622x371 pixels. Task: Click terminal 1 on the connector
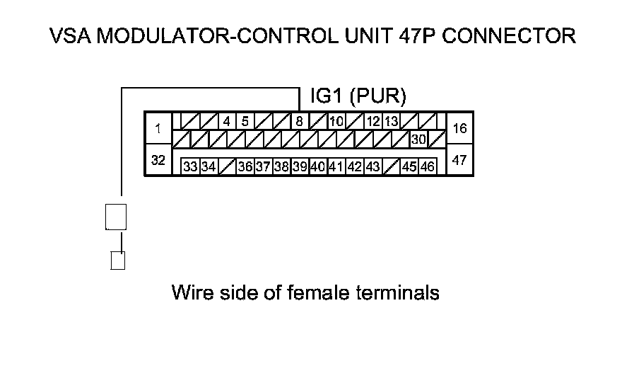pyautogui.click(x=158, y=129)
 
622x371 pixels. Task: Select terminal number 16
pyautogui.click(x=459, y=129)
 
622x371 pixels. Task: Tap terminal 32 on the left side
pyautogui.click(x=158, y=161)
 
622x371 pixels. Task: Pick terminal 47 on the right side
pyautogui.click(x=459, y=161)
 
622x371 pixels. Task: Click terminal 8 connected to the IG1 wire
pyautogui.click(x=300, y=121)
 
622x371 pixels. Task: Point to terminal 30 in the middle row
pyautogui.click(x=418, y=139)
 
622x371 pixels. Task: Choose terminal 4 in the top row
pyautogui.click(x=226, y=121)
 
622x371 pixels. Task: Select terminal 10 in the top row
pyautogui.click(x=336, y=121)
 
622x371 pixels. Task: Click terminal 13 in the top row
pyautogui.click(x=392, y=121)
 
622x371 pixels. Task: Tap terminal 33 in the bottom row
pyautogui.click(x=190, y=167)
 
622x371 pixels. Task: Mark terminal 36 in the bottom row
pyautogui.click(x=245, y=167)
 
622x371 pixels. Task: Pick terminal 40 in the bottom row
pyautogui.click(x=317, y=167)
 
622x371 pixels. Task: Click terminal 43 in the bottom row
pyautogui.click(x=372, y=167)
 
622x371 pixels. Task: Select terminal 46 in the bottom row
pyautogui.click(x=428, y=167)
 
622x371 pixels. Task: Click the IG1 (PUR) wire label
pyautogui.click(x=358, y=96)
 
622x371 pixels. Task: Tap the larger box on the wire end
pyautogui.click(x=116, y=217)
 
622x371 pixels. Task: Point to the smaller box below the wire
pyautogui.click(x=118, y=261)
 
